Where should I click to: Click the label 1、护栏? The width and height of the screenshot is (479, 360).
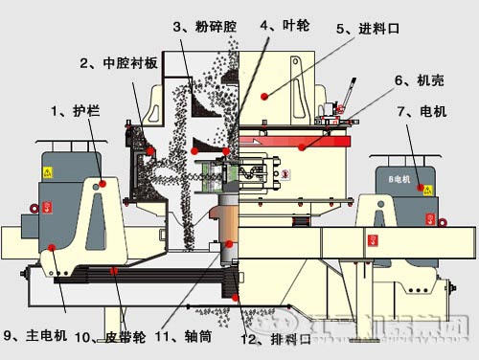pos(75,112)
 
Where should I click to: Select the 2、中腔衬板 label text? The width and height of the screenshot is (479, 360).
pos(120,64)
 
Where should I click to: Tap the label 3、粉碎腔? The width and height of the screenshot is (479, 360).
pos(203,28)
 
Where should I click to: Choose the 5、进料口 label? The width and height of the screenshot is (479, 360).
pos(368,30)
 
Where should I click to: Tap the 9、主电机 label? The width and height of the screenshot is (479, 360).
pos(35,335)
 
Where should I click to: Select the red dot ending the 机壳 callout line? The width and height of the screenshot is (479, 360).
pos(301,146)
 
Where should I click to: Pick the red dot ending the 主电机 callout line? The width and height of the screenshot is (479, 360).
pos(54,252)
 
